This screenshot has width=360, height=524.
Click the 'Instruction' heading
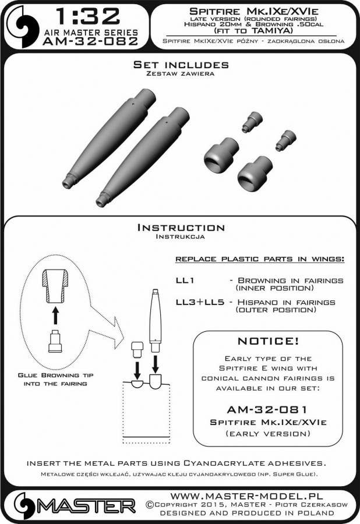pyautogui.click(x=180, y=228)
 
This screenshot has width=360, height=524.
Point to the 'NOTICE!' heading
pyautogui.click(x=267, y=341)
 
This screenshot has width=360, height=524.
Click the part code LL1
pyautogui.click(x=185, y=281)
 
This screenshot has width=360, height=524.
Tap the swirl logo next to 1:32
pyautogui.click(x=23, y=26)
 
